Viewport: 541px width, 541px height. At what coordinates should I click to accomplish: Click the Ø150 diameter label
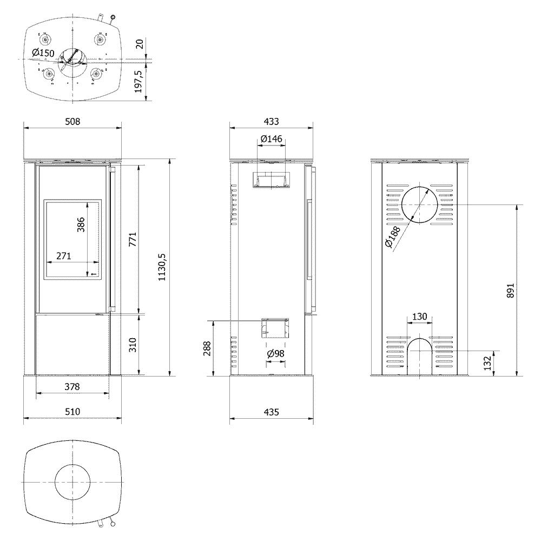pos(43,53)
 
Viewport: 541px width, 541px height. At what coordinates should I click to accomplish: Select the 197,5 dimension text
pos(138,82)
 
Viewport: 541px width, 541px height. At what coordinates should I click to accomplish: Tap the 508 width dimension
pos(72,121)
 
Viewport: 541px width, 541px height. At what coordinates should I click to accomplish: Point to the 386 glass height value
pos(81,225)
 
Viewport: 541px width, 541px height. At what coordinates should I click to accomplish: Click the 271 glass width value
pos(64,256)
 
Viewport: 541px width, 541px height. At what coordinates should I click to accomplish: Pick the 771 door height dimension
pos(133,239)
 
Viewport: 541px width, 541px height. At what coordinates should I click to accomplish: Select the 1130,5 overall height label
pos(162,267)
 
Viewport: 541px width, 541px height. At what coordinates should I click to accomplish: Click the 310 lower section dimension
pos(133,345)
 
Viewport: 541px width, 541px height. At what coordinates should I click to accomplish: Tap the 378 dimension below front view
pos(72,387)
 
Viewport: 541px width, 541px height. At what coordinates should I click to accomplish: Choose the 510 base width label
pos(72,412)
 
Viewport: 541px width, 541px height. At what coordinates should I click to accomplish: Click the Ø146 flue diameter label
pos(272,138)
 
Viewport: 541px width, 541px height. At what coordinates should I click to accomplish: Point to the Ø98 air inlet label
pos(276,354)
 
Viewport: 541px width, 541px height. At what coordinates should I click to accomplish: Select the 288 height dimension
pos(207,348)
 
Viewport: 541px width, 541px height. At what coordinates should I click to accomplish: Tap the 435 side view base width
pos(272,412)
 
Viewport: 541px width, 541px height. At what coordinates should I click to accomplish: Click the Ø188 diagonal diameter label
pos(392,237)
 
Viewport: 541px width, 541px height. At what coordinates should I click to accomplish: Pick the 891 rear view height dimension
pos(511,291)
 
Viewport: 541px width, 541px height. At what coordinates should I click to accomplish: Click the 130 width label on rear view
pos(420,316)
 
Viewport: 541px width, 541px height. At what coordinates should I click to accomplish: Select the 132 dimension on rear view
pos(487,364)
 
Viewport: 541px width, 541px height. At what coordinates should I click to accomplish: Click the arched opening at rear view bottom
pos(420,339)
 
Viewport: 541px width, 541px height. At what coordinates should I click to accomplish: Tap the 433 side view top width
pos(272,121)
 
